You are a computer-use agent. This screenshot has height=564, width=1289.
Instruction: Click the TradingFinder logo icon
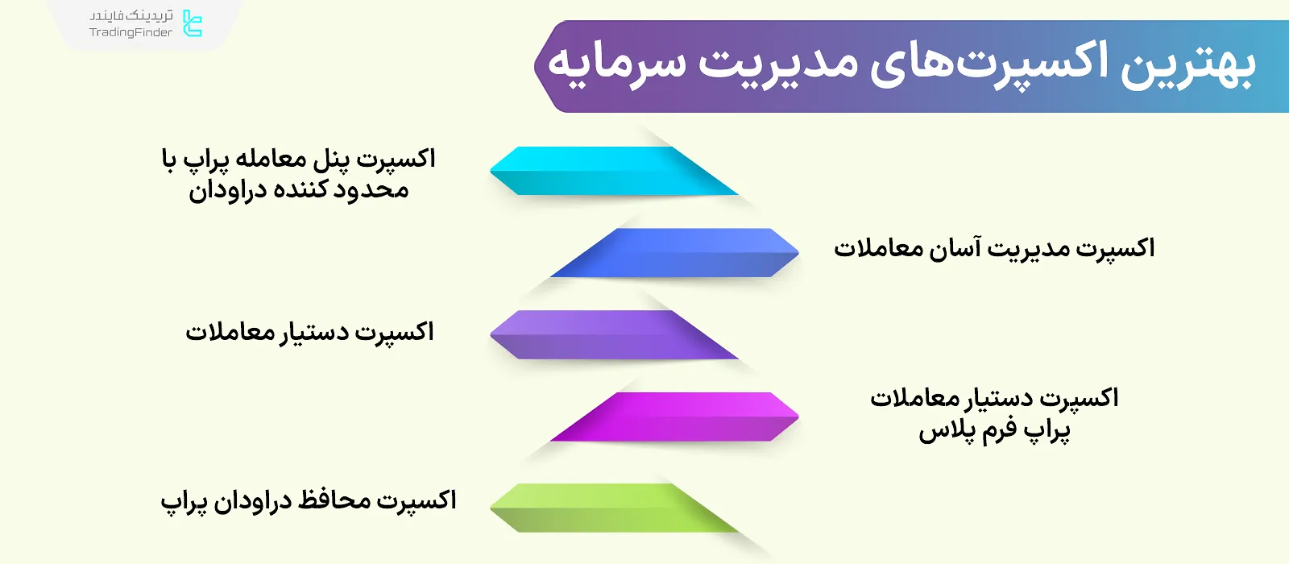(x=192, y=23)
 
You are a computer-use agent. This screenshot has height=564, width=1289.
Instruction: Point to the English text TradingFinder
(x=131, y=33)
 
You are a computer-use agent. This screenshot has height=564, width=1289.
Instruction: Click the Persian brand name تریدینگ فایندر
(x=131, y=16)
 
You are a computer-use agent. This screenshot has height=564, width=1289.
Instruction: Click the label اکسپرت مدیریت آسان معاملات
(x=993, y=248)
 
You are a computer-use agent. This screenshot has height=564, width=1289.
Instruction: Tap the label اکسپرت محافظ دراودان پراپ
(x=309, y=501)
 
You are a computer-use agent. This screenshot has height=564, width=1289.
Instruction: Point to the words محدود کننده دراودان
(x=299, y=191)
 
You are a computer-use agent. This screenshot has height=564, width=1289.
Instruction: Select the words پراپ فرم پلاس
(x=994, y=431)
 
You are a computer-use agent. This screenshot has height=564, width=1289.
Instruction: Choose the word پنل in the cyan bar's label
(x=331, y=160)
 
